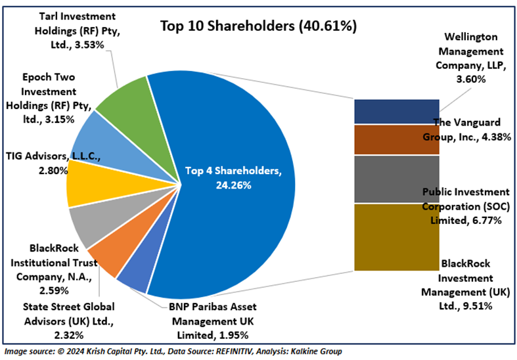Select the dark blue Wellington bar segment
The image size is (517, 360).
point(396,112)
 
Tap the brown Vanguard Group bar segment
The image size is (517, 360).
point(396,139)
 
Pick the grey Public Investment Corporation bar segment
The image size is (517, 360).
point(396,179)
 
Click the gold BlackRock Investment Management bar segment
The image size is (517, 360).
point(396,236)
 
